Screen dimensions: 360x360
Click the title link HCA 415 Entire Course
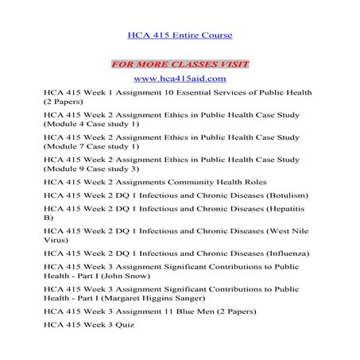coord(180,36)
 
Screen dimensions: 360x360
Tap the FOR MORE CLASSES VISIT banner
coord(180,63)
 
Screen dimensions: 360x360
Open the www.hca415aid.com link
coord(180,78)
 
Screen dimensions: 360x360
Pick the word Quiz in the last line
coord(122,325)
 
